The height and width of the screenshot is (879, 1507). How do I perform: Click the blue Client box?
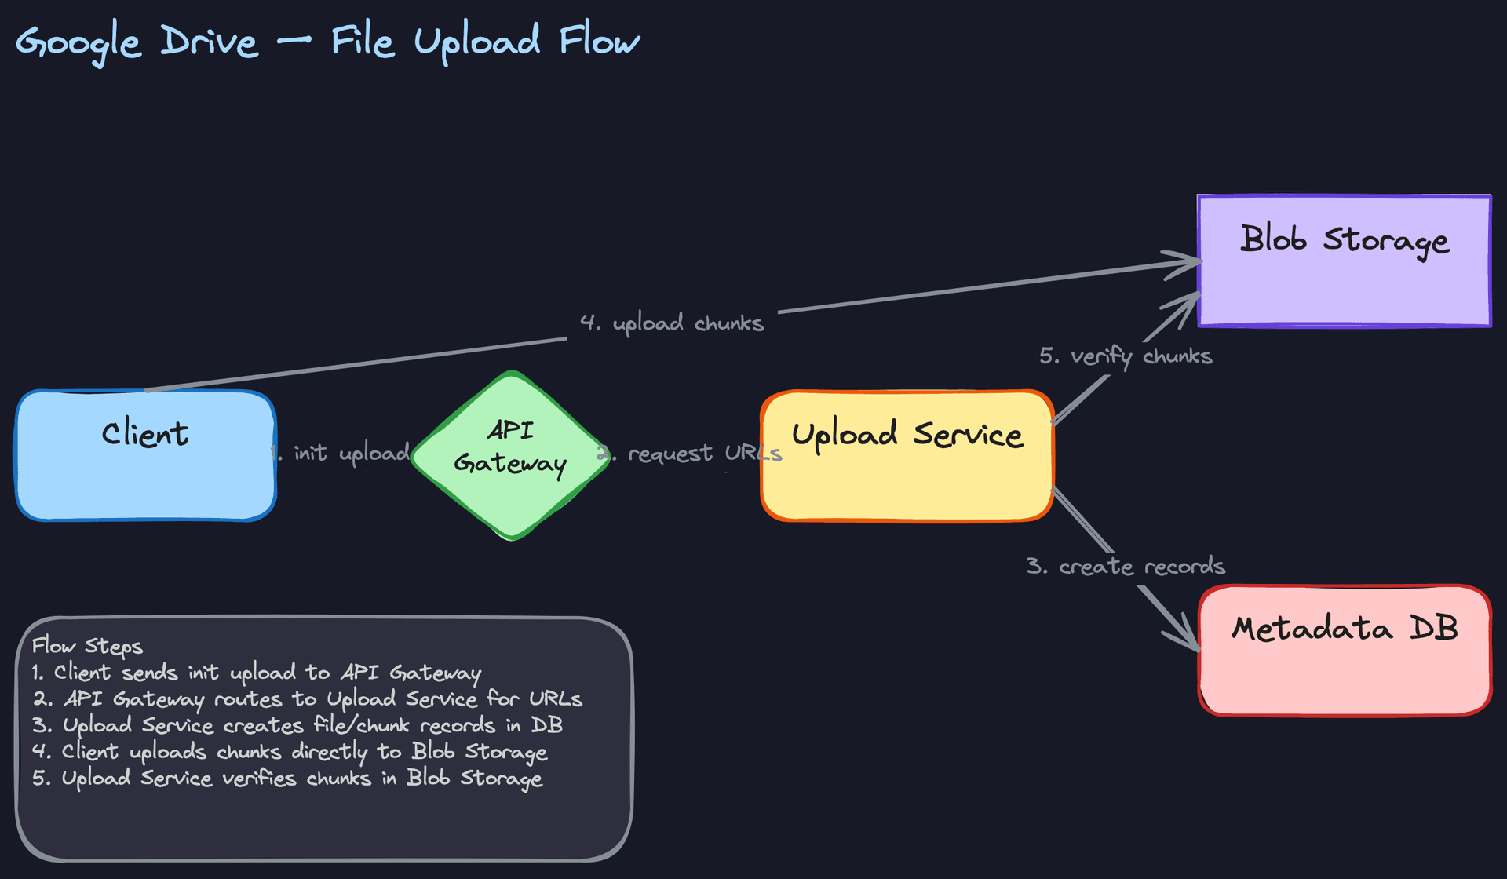145,471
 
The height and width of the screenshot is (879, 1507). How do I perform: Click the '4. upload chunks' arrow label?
672,323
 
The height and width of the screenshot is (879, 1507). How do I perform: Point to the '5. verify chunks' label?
1126,356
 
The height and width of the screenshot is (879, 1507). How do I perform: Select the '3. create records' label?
1126,566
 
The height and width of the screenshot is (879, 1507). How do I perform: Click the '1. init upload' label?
341,453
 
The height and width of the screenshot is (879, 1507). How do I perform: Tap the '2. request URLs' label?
691,454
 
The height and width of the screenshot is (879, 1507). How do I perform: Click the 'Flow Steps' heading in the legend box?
87,646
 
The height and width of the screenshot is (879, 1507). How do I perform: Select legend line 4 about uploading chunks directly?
289,751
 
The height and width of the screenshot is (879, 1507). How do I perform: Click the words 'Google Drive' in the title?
137,42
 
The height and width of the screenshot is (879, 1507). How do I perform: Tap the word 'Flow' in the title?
600,40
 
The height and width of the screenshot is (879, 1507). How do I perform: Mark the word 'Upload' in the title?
477,42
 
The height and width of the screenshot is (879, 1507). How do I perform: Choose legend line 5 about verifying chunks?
287,778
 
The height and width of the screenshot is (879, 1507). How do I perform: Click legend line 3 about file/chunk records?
297,725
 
